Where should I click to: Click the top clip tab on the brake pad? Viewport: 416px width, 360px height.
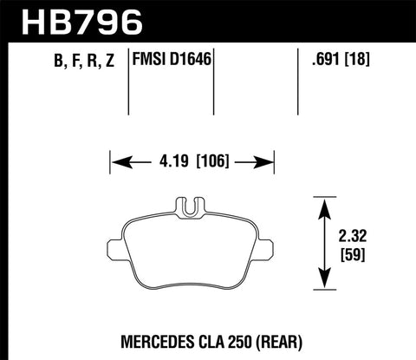[x=192, y=206]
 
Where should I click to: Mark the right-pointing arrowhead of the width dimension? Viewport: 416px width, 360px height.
[x=264, y=160]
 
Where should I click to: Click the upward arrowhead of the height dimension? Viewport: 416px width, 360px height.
[x=323, y=205]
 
